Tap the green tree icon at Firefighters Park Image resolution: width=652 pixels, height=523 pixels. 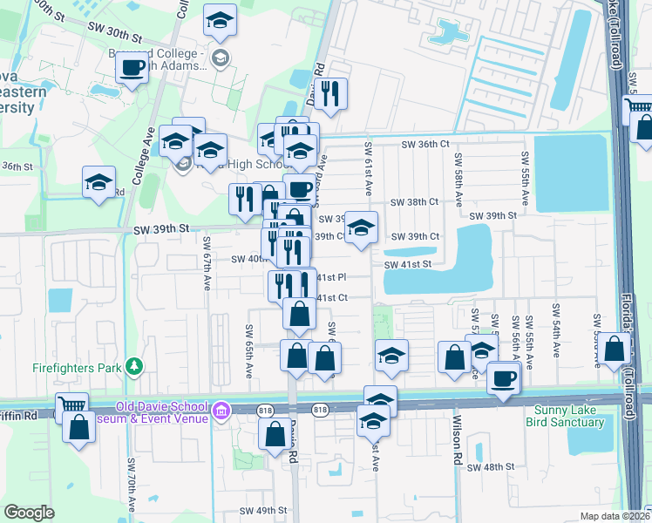[x=133, y=366]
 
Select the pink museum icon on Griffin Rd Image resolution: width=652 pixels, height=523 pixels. [x=222, y=410]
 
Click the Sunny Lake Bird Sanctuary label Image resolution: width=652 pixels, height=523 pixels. [x=565, y=416]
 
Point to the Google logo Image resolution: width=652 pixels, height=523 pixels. [x=29, y=513]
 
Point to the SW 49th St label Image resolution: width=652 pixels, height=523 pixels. [x=263, y=510]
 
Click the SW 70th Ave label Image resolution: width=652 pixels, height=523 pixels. [x=132, y=486]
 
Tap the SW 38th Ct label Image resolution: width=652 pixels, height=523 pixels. [x=414, y=202]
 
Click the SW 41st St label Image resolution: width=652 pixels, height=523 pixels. [x=408, y=264]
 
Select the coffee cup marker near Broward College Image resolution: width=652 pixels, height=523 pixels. [x=132, y=67]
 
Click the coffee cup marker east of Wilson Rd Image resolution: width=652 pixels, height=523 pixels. [x=504, y=378]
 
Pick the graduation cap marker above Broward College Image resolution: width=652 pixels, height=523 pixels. [x=220, y=19]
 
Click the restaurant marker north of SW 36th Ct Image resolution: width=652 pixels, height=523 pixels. [x=330, y=93]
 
